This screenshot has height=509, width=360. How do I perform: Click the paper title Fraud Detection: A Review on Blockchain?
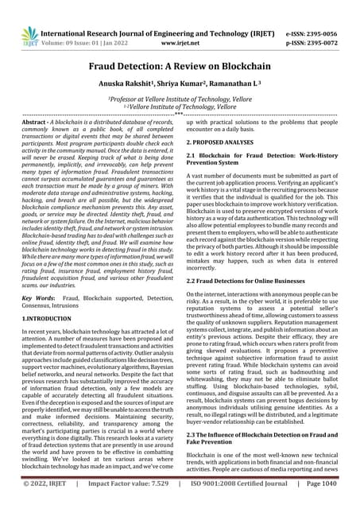click(x=180, y=48)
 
